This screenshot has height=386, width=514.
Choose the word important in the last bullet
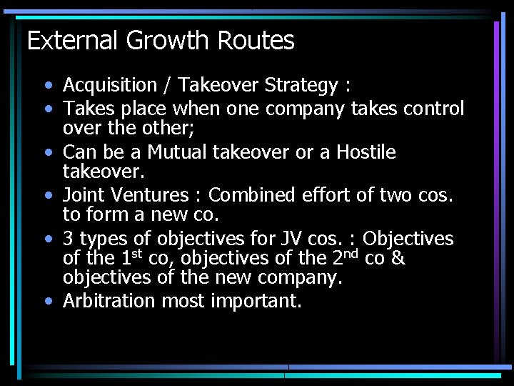256,302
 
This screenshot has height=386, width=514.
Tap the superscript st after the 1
136,253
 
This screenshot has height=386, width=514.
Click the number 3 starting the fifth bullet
69,237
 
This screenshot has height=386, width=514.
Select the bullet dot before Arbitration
47,302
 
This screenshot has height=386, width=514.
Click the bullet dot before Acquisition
47,86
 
